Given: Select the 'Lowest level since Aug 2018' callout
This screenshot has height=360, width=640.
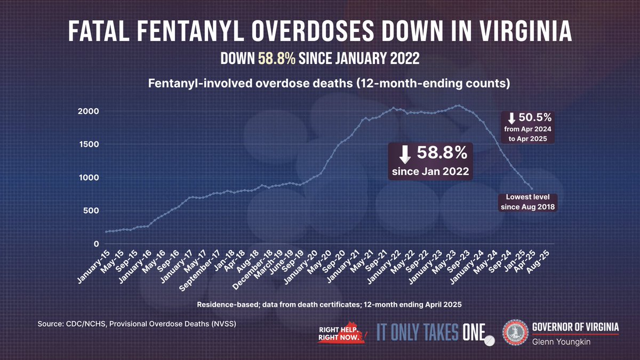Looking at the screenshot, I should click(x=527, y=202).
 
